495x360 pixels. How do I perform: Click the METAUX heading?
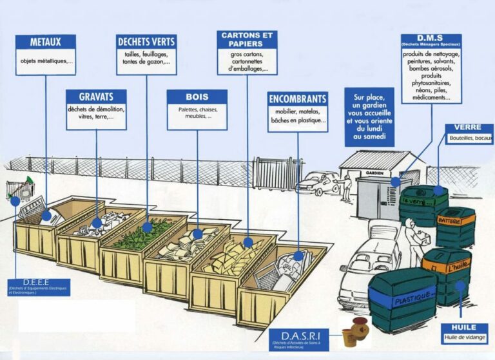tap(46, 42)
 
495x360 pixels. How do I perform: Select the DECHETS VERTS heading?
tap(147, 42)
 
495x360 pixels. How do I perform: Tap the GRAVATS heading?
tap(96, 97)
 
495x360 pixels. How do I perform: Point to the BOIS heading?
tap(197, 97)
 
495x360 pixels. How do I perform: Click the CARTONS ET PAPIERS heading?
tap(247, 39)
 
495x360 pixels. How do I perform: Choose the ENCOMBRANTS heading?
tap(298, 100)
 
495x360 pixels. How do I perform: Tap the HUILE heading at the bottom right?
tap(464, 327)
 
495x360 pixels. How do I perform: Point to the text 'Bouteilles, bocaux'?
tap(471, 138)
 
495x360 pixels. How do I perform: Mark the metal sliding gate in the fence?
tap(277, 173)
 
